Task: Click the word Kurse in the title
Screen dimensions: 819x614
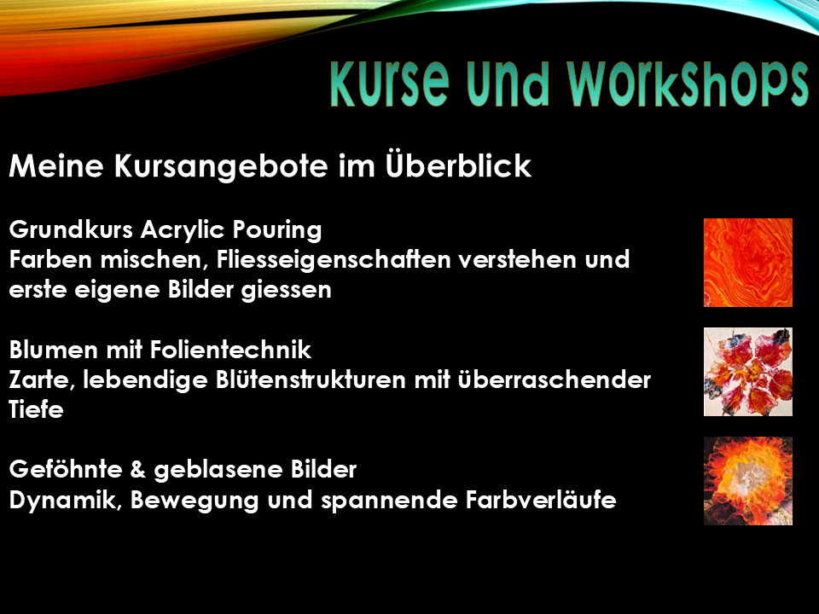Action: click(390, 84)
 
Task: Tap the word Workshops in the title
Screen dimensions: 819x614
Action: click(688, 84)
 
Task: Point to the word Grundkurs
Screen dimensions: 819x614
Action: click(71, 229)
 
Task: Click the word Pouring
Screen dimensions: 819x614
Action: click(276, 230)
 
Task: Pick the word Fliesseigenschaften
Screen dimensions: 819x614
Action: click(334, 259)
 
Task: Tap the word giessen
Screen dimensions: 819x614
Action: click(286, 290)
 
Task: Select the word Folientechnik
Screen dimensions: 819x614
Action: click(230, 350)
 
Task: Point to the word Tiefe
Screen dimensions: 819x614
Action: click(36, 408)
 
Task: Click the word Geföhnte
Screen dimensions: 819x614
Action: click(66, 469)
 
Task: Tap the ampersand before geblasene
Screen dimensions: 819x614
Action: click(138, 469)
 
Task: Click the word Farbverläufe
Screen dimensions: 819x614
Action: click(541, 499)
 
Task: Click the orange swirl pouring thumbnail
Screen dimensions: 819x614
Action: click(748, 263)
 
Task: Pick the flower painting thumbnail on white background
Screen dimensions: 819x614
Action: click(748, 372)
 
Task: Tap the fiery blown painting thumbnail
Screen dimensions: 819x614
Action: click(748, 481)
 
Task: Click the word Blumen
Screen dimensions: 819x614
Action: click(53, 350)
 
